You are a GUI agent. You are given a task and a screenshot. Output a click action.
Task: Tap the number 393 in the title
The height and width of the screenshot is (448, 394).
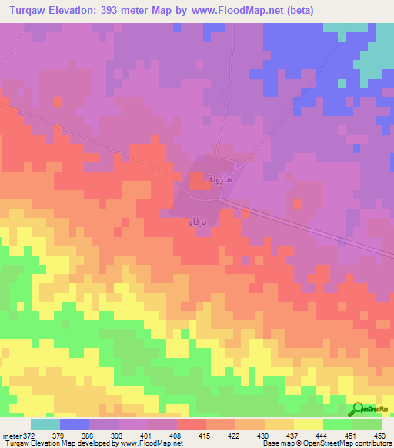tap(123, 11)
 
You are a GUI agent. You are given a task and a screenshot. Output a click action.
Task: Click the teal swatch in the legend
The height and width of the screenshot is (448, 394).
tap(45, 424)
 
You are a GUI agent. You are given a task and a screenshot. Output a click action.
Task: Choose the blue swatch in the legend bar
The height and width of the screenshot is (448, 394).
tap(74, 424)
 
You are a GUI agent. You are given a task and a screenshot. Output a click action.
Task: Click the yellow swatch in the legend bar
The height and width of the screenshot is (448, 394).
tap(308, 424)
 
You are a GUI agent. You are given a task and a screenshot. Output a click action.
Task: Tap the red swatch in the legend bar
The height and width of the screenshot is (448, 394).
tap(191, 424)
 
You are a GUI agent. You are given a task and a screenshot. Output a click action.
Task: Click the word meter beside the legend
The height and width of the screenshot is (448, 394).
tap(10, 436)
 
